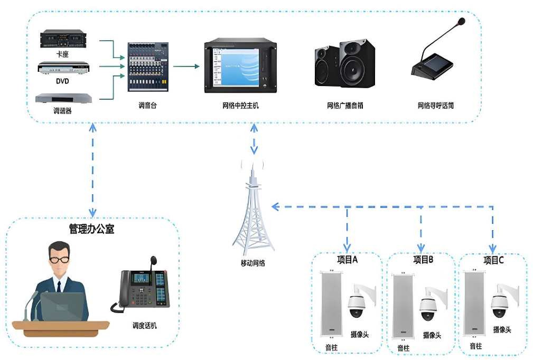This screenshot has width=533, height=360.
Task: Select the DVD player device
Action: [63, 68]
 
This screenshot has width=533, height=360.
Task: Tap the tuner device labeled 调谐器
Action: [63, 98]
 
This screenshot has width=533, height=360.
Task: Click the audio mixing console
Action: [147, 67]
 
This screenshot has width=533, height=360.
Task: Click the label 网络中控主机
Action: [240, 106]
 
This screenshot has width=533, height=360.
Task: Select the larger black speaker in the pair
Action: [357, 64]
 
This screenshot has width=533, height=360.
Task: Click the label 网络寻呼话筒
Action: [436, 106]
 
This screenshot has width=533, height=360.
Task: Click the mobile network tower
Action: [254, 211]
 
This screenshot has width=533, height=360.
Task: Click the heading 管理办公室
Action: [91, 229]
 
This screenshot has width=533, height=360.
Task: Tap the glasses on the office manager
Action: [59, 260]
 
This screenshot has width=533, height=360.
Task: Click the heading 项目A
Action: [348, 260]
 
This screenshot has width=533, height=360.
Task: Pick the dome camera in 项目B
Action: [428, 307]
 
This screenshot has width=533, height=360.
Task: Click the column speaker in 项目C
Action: [475, 304]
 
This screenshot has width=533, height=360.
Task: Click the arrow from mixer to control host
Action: [186, 67]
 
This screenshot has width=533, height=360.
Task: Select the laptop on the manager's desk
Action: [62, 307]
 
